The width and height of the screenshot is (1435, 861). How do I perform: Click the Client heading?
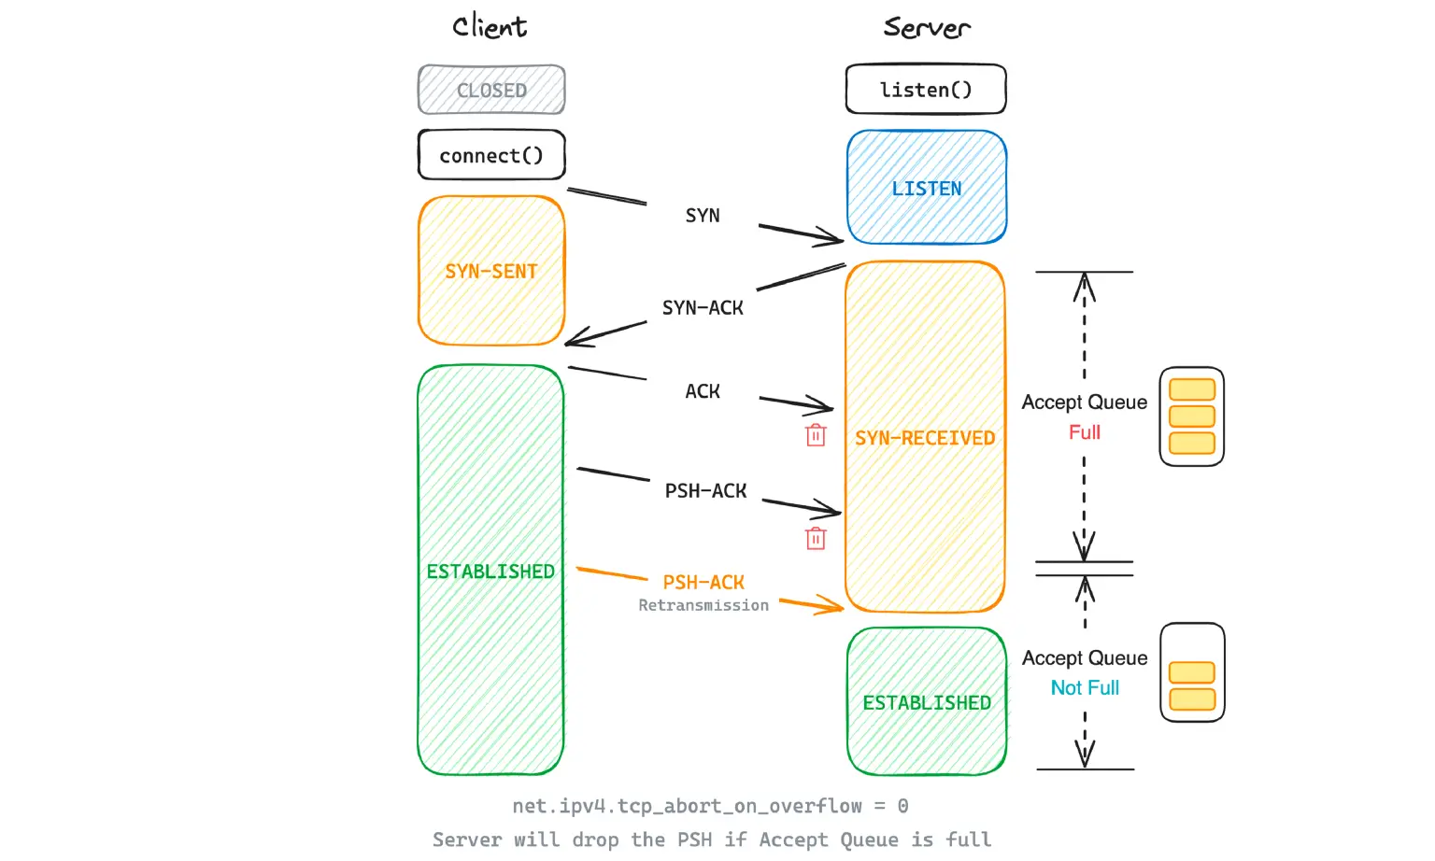(490, 26)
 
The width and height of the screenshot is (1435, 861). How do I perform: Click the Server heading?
(926, 27)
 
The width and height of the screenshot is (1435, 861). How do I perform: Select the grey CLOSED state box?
(491, 91)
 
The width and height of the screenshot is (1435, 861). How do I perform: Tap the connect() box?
(491, 155)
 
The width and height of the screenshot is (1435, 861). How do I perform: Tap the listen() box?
(926, 90)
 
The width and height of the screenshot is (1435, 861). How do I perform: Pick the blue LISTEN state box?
(926, 189)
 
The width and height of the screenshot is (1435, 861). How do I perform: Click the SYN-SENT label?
(491, 272)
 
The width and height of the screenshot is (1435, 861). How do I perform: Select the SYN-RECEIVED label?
(925, 438)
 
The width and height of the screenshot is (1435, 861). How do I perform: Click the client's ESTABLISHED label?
(490, 572)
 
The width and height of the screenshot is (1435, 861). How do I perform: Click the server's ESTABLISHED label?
(927, 703)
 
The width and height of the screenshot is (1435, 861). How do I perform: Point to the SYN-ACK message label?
(703, 308)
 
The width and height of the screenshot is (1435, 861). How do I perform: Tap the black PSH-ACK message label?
(705, 491)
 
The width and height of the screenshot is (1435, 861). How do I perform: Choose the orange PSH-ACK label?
(703, 583)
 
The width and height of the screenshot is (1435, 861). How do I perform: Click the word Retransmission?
(703, 606)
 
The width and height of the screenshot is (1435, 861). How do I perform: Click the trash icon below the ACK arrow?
(816, 435)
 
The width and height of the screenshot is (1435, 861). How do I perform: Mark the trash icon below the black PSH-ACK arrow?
(816, 539)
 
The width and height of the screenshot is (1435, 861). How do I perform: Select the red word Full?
(1085, 432)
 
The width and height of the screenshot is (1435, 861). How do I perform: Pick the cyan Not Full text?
(1085, 688)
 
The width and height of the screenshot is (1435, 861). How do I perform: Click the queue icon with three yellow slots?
(1192, 416)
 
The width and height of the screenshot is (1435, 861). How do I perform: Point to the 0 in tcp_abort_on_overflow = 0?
(902, 806)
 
